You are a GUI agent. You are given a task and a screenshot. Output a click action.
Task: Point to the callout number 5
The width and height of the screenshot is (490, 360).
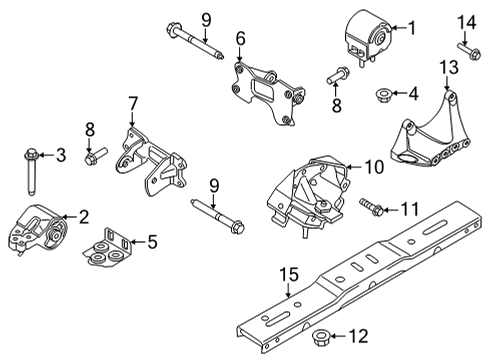tap(152, 240)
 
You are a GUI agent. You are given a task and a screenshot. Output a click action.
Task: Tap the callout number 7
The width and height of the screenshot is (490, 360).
tap(131, 102)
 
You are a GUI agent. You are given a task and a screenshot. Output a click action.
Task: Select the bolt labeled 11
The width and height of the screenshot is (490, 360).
tap(370, 208)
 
